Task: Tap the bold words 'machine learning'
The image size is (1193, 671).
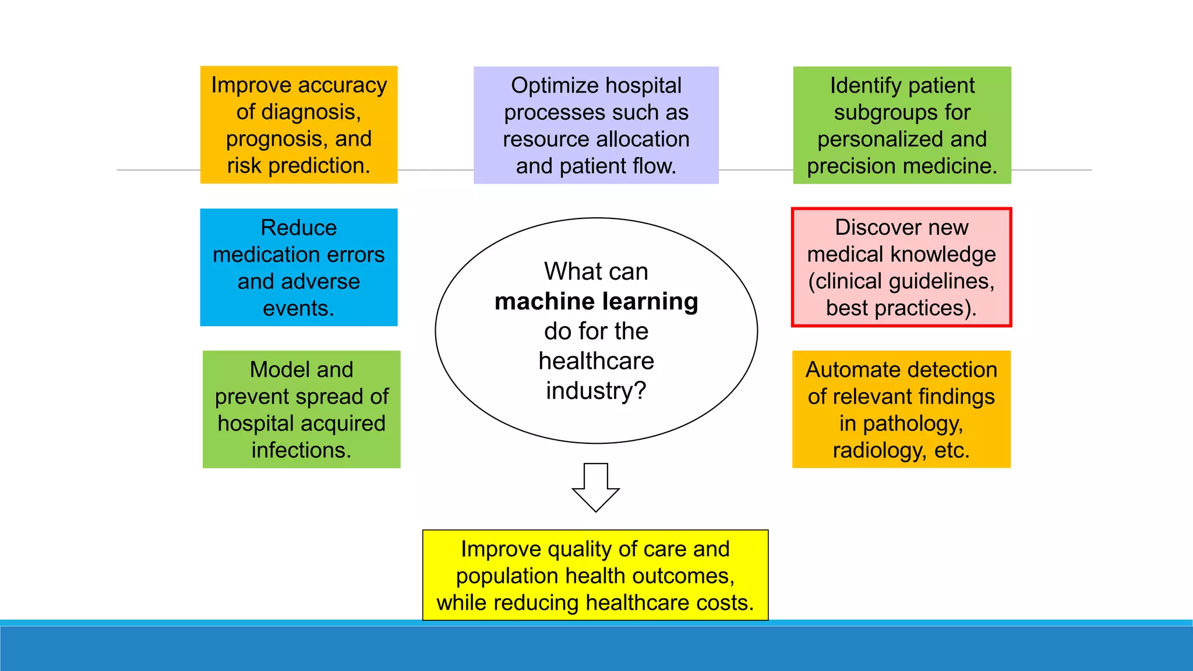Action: point(596,302)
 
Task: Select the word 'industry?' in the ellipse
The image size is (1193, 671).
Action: point(596,391)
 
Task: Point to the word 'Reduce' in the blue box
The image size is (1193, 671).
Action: point(298,228)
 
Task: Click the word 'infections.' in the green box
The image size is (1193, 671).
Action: point(301,450)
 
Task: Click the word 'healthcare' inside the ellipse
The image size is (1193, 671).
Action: point(596,361)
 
